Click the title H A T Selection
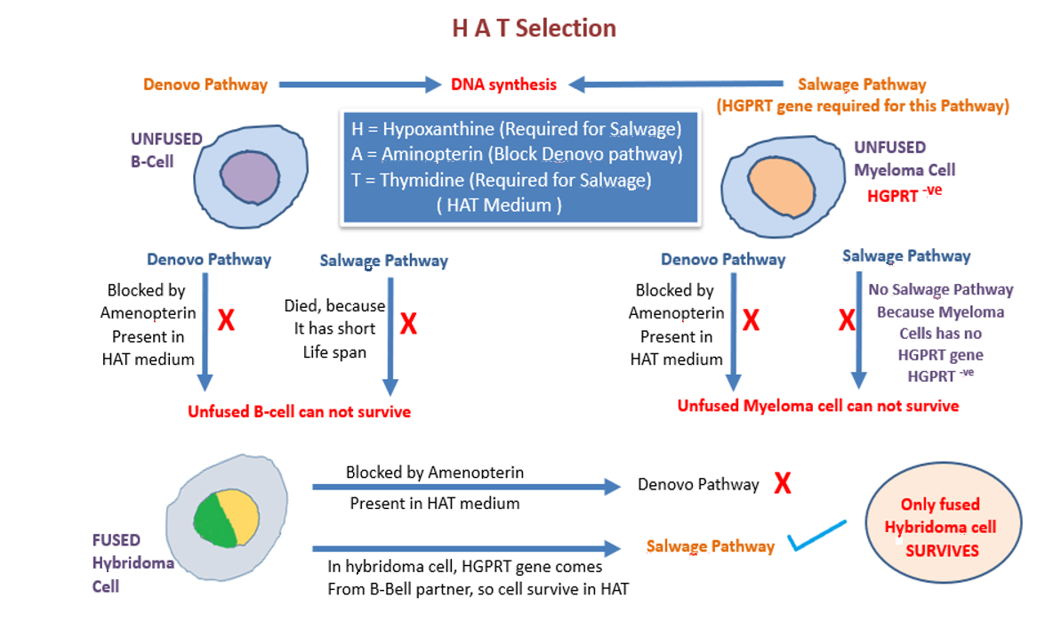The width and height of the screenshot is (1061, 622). click(534, 28)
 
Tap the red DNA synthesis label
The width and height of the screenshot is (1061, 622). click(503, 85)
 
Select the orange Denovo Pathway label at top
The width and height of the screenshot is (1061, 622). click(205, 85)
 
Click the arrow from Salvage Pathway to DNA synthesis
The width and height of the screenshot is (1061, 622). click(677, 85)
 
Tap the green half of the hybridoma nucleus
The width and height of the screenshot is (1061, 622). click(214, 521)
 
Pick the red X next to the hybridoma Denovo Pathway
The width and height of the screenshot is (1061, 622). click(783, 484)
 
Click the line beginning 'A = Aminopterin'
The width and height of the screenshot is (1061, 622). click(517, 154)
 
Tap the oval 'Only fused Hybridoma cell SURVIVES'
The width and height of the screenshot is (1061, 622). click(940, 528)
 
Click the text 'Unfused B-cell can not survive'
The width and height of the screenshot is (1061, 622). click(299, 412)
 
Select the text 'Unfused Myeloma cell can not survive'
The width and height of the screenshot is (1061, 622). click(818, 406)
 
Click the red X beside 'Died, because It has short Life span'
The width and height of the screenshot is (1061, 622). click(408, 324)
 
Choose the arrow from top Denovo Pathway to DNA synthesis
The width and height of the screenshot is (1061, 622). click(360, 85)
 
